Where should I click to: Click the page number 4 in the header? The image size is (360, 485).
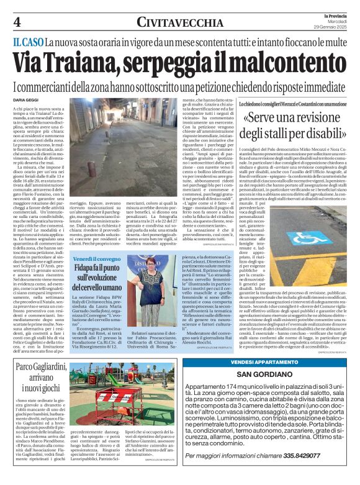17,22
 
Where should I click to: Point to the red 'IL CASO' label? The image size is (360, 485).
27,42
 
